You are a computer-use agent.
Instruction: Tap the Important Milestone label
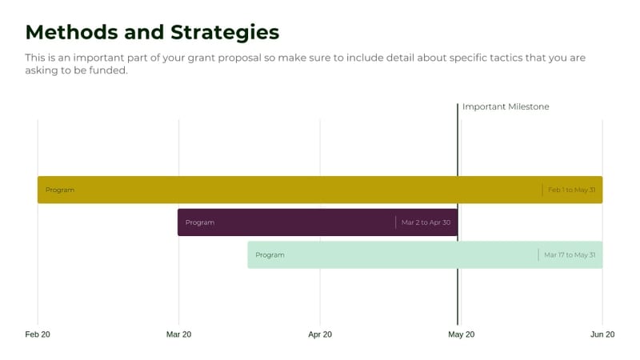pos(506,106)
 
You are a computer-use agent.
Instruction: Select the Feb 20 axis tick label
pos(38,334)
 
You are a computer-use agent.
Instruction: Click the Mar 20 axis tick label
pos(178,334)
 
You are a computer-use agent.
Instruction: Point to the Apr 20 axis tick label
pos(320,334)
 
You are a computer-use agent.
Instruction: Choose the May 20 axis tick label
pos(461,334)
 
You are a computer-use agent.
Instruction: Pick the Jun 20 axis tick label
pos(602,334)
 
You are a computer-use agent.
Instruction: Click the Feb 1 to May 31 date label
pos(571,190)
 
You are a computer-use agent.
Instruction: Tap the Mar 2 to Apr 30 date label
pos(426,222)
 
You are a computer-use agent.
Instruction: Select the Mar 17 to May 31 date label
pos(570,255)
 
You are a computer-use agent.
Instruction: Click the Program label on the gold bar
pos(60,190)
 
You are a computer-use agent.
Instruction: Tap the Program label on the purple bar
pos(200,222)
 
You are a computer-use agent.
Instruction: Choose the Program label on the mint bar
pos(270,255)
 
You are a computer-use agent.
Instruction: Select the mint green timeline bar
pos(400,255)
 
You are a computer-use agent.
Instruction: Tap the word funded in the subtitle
pos(106,70)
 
